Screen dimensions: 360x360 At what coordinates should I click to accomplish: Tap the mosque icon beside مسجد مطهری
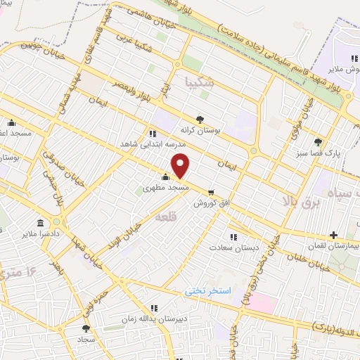[166, 177]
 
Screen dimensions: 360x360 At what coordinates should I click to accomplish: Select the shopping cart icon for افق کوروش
[211, 192]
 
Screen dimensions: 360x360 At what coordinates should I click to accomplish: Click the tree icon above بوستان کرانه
[200, 120]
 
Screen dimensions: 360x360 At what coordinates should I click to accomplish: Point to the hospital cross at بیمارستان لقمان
[333, 235]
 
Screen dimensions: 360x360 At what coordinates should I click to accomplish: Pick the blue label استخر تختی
[208, 290]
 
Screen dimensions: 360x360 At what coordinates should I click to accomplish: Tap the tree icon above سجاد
[86, 328]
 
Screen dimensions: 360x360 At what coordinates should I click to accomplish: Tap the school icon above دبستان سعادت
[233, 237]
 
